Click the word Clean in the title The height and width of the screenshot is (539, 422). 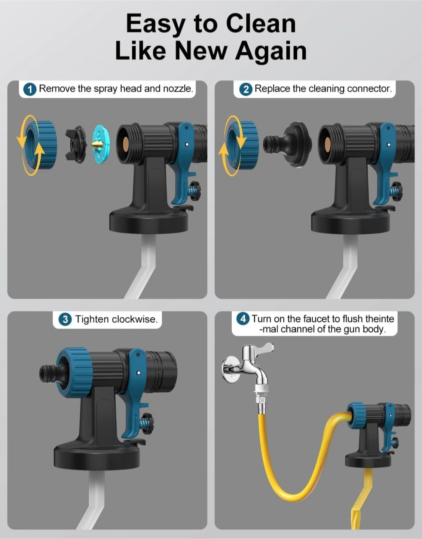pos(261,24)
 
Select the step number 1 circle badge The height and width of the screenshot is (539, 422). pos(30,89)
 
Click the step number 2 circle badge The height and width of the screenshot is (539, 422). pos(246,89)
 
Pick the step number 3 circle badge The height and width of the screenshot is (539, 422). pos(65,320)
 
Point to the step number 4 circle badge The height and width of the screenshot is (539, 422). pos(243,319)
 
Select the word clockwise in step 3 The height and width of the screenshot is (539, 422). pos(135,319)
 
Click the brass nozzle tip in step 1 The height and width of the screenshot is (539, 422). pos(97,144)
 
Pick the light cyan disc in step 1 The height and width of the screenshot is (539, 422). pos(101,145)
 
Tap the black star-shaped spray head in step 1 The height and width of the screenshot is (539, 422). pos(76,144)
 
